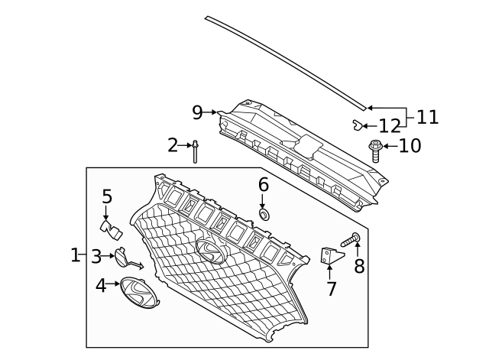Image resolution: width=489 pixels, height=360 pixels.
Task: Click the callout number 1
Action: click(x=75, y=255)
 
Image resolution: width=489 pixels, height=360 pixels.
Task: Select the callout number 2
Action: click(x=173, y=144)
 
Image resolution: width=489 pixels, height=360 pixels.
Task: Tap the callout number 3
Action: click(x=96, y=256)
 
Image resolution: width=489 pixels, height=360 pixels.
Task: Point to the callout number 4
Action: click(x=101, y=286)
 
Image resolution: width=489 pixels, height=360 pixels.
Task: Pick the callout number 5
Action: click(x=107, y=196)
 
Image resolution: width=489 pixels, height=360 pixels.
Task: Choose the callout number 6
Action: click(x=264, y=184)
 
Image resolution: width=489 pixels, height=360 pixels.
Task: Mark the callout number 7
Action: click(x=331, y=289)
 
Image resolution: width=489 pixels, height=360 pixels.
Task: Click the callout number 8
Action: click(x=358, y=266)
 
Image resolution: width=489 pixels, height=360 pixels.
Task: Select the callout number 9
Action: click(x=197, y=112)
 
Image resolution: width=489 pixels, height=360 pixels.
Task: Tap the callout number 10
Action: click(x=410, y=145)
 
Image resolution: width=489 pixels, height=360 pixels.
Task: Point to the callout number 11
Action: click(x=428, y=117)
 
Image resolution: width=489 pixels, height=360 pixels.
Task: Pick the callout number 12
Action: click(x=390, y=125)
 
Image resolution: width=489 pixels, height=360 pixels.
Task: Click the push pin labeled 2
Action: click(x=196, y=151)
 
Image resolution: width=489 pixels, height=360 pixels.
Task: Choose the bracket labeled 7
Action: click(x=329, y=257)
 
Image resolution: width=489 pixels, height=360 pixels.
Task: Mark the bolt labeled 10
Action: click(x=375, y=149)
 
